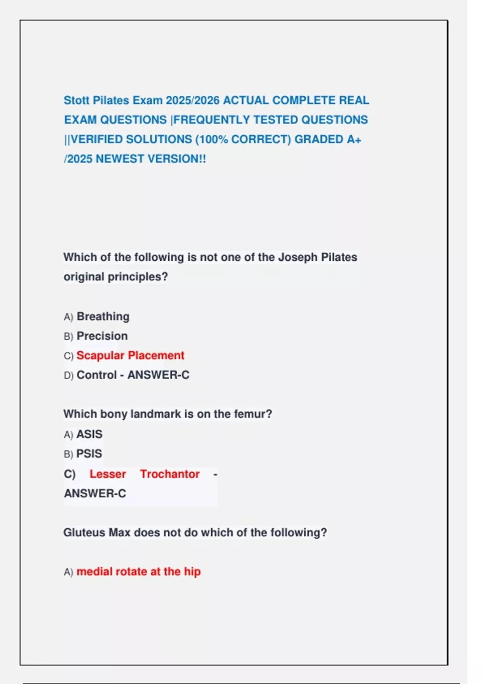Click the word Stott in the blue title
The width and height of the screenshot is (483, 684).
tap(76, 100)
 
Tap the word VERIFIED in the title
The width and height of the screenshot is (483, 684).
tap(97, 139)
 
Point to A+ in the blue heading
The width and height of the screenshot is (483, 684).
tap(354, 139)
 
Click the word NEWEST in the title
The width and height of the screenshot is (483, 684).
tap(120, 159)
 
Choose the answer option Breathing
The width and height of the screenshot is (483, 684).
tap(103, 317)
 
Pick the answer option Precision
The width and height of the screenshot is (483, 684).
tap(102, 336)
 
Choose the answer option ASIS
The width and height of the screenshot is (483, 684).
tap(89, 434)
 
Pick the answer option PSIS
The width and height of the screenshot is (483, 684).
tap(89, 454)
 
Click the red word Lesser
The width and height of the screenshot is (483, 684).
tap(107, 474)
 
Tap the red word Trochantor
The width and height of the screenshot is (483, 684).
tap(169, 474)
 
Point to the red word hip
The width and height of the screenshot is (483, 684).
tap(192, 572)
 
